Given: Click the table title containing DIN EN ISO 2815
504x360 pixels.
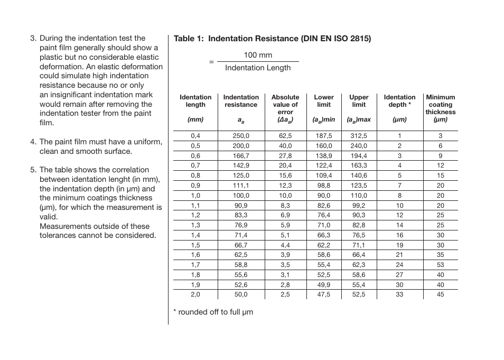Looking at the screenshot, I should [272, 39].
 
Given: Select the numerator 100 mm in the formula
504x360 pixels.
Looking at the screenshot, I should [258, 55].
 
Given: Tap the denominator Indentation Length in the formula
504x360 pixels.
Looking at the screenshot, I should [258, 68].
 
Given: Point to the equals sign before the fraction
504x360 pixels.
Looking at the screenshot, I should [211, 62].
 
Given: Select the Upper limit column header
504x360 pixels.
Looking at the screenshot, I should [359, 101].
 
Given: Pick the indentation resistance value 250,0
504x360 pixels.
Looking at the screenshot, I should [241, 136].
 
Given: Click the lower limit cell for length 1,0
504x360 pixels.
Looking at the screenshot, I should [324, 196].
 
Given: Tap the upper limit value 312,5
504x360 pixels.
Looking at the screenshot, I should [359, 136].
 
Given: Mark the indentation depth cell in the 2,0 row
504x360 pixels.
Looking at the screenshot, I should [399, 294].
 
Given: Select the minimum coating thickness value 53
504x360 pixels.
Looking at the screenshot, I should [440, 265].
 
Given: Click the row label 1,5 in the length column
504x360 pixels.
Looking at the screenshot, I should [195, 245].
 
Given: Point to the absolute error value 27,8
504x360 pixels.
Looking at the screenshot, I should [285, 156].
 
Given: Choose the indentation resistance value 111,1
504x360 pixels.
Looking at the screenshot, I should [241, 186].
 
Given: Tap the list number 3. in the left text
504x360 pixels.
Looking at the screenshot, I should [33, 38].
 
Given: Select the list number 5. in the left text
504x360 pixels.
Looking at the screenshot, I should [33, 170].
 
